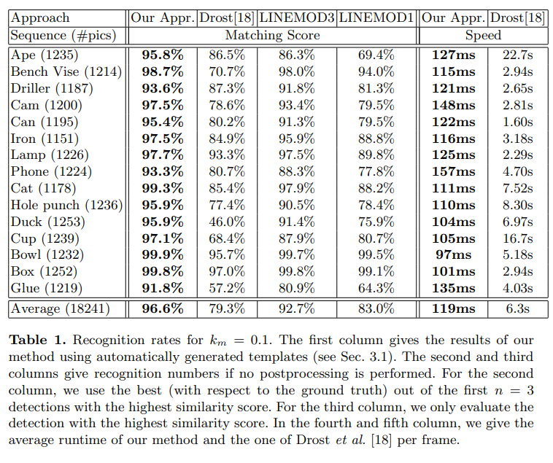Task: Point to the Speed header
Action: point(483,35)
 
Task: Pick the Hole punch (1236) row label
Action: point(66,205)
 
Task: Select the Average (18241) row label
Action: point(61,309)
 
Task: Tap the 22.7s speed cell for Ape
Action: point(518,55)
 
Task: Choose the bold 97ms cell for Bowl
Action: point(454,254)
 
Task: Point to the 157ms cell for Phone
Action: point(454,171)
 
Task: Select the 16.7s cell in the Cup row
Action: point(518,238)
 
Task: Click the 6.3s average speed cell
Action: point(518,309)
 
